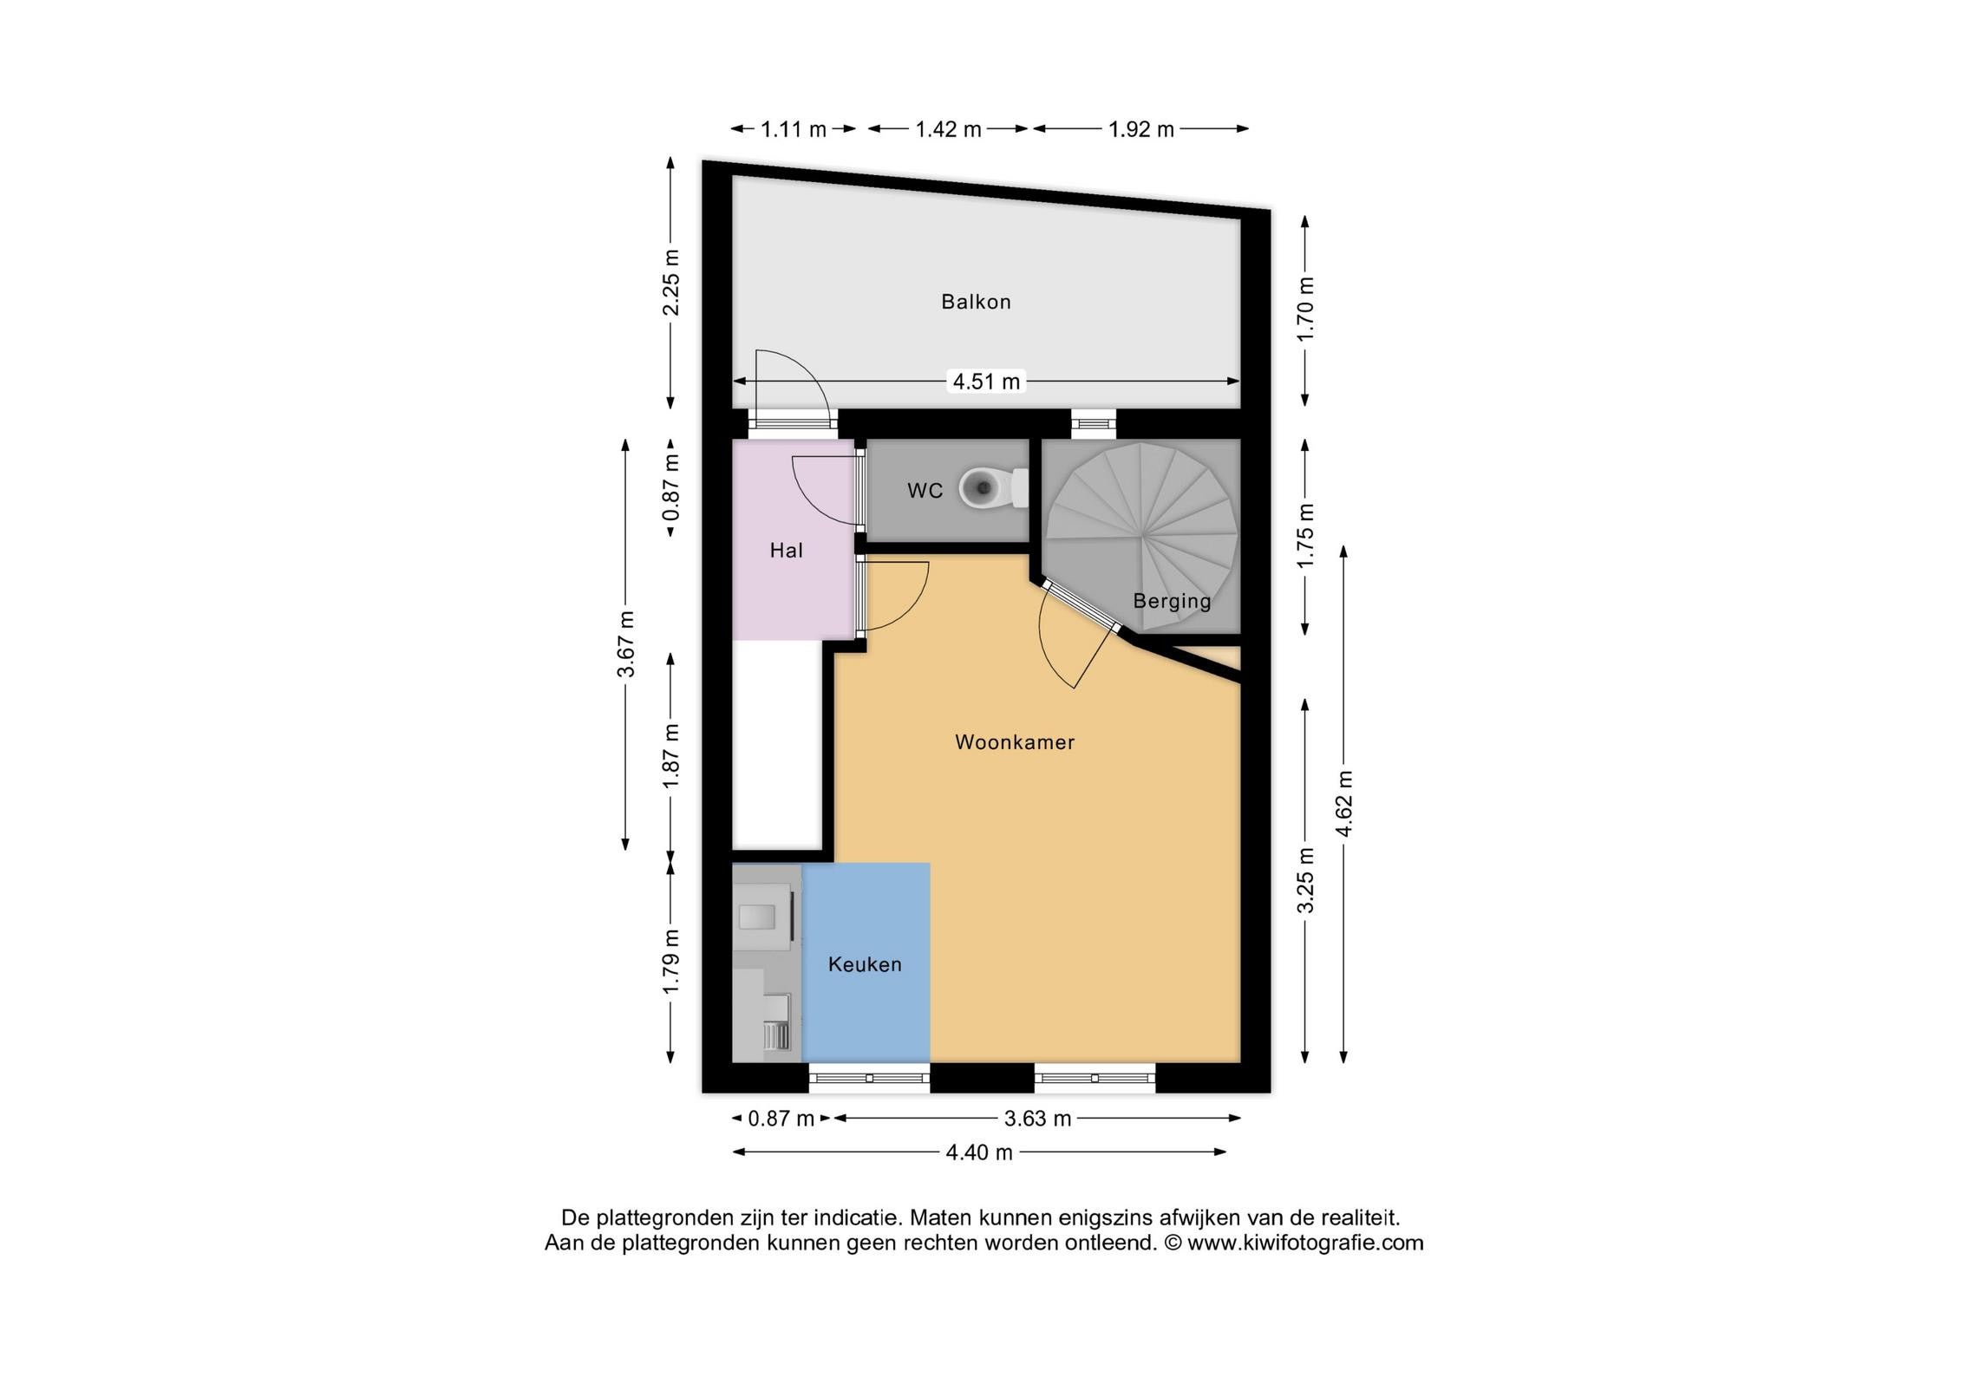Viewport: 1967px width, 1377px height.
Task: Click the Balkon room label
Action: (x=976, y=302)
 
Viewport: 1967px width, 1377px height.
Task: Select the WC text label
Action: (x=925, y=491)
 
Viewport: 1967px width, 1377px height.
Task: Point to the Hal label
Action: (x=786, y=550)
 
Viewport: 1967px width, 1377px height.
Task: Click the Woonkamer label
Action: (x=1015, y=742)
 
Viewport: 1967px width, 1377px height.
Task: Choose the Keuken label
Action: (x=865, y=964)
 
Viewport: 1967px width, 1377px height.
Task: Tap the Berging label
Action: (x=1172, y=601)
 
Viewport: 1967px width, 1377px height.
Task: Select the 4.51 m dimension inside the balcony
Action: (x=986, y=381)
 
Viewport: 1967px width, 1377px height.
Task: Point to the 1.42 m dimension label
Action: (x=948, y=129)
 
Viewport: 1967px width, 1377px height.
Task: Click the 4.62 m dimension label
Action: (x=1343, y=804)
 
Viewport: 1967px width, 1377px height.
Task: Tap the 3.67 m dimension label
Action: (x=626, y=644)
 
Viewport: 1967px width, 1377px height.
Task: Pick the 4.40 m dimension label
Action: (x=979, y=1152)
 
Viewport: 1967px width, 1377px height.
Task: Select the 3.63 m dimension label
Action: (x=1037, y=1119)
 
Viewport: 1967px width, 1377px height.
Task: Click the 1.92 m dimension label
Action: (x=1140, y=129)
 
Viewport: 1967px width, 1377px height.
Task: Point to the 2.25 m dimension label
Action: (x=670, y=283)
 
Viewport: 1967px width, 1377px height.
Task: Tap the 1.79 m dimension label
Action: (x=670, y=963)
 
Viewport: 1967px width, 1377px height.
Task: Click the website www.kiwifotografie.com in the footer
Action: (x=1305, y=1243)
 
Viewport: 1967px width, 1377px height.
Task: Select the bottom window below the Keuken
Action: (x=869, y=1078)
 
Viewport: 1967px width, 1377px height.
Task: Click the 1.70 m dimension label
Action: (x=1305, y=310)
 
